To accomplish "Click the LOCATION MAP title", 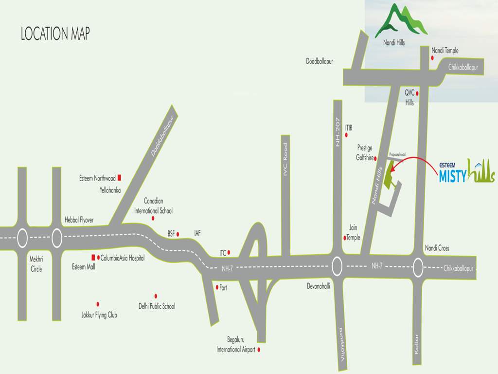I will pyautogui.click(x=55, y=34).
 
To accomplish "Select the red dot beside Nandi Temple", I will pyautogui.click(x=432, y=57).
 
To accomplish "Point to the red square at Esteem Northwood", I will pyautogui.click(x=119, y=178).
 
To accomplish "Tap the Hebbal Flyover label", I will pyautogui.click(x=79, y=220).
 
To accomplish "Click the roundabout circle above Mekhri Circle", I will pyautogui.click(x=22, y=239).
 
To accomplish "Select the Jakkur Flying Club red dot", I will pyautogui.click(x=98, y=304).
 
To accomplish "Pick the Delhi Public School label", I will pyautogui.click(x=157, y=306).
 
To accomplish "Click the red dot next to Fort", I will pyautogui.click(x=217, y=287).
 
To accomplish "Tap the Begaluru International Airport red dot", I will pyautogui.click(x=259, y=350).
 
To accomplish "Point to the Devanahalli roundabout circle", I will pyautogui.click(x=338, y=266).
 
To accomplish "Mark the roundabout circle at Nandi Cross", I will pyautogui.click(x=418, y=267).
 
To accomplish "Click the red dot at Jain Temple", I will pyautogui.click(x=345, y=238).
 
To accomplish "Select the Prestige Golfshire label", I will pyautogui.click(x=365, y=152).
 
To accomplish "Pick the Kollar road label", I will pyautogui.click(x=416, y=344).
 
